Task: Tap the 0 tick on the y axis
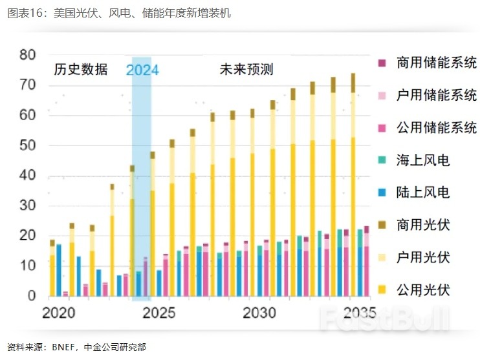pyautogui.click(x=32, y=296)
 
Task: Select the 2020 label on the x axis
pyautogui.click(x=59, y=313)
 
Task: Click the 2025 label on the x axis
pyautogui.click(x=159, y=313)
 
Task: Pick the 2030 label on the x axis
pyautogui.click(x=259, y=313)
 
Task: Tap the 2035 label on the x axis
pyautogui.click(x=359, y=313)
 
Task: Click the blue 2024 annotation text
pyautogui.click(x=142, y=70)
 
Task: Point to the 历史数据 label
pyautogui.click(x=80, y=70)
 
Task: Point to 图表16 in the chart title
pyautogui.click(x=24, y=14)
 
